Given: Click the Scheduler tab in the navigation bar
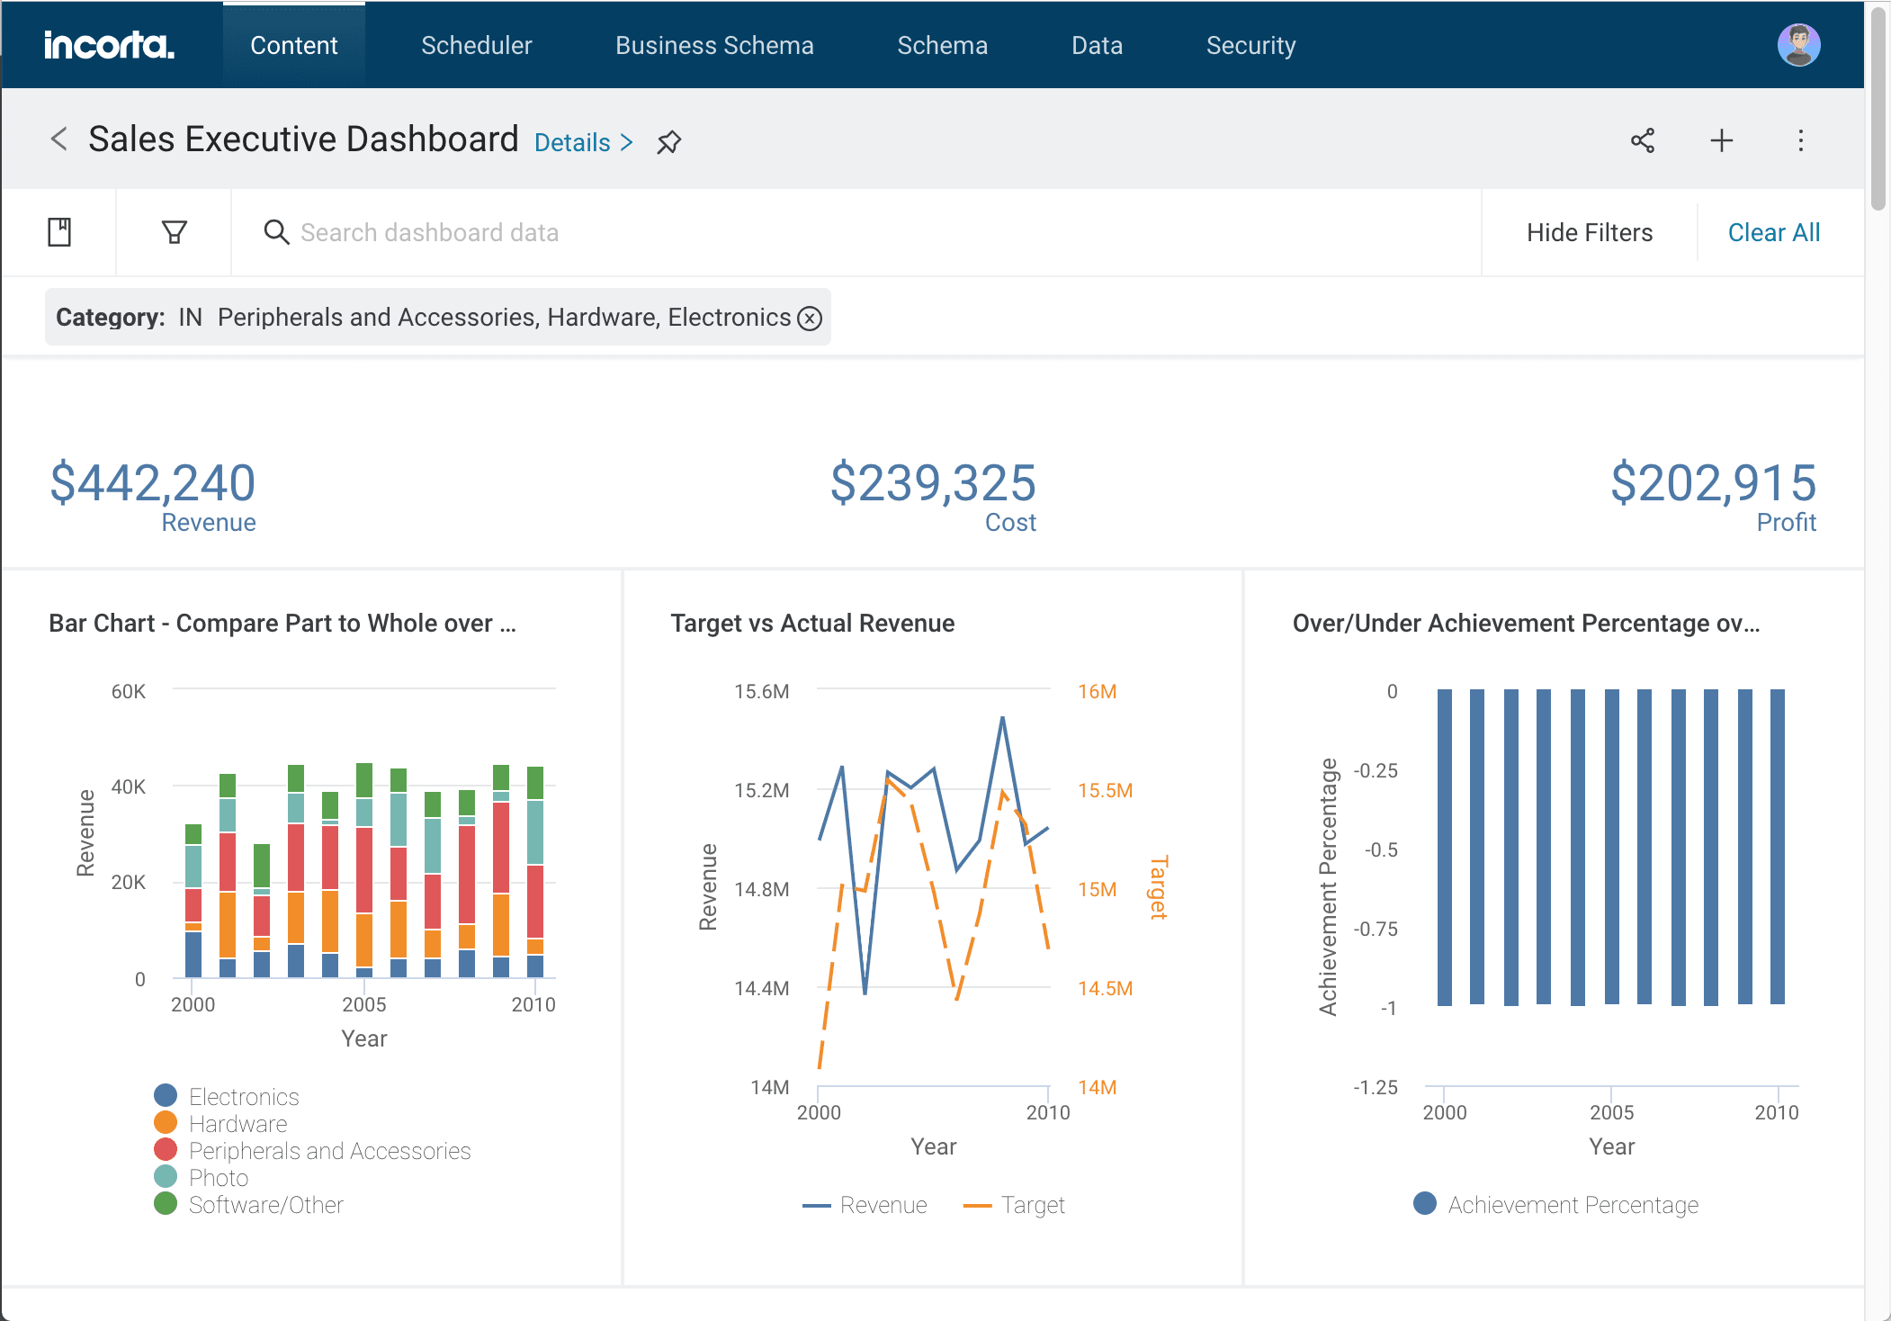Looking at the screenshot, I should click(x=476, y=45).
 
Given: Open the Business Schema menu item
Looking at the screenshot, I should click(x=714, y=45).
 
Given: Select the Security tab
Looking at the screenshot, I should click(x=1250, y=45).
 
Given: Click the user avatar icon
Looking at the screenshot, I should click(x=1798, y=45).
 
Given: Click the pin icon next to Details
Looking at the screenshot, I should click(x=668, y=142).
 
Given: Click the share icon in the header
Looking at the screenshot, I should click(x=1643, y=140).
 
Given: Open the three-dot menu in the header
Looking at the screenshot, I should click(x=1800, y=140).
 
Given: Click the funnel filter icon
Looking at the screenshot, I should click(x=174, y=232).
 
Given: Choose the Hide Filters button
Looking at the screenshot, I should click(x=1589, y=232).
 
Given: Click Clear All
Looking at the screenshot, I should click(x=1773, y=232).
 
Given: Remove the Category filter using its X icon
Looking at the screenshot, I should click(x=810, y=319).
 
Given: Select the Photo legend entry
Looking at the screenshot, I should click(x=218, y=1178).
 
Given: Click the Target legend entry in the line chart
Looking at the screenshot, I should click(x=1032, y=1205).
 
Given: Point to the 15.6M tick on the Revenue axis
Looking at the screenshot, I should click(x=761, y=691).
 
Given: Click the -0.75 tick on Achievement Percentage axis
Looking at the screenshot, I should click(x=1376, y=929).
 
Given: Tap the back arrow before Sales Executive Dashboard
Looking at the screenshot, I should click(x=59, y=139).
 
